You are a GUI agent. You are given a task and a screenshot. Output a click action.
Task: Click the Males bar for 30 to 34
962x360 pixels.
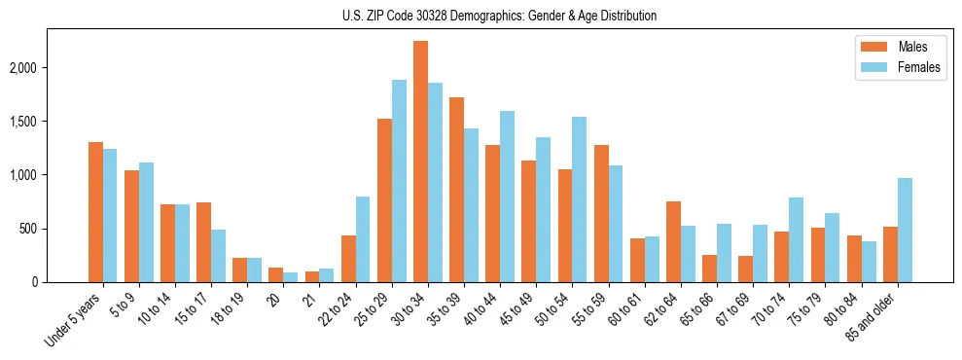[x=421, y=162]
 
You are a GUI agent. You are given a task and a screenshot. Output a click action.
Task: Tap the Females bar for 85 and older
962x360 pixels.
[x=905, y=230]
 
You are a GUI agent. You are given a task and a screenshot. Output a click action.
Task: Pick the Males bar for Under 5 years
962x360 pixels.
[x=95, y=212]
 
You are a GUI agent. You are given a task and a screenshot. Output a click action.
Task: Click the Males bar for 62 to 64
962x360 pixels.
[x=673, y=241]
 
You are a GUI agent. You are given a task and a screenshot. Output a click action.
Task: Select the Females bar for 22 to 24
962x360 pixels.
[x=363, y=239]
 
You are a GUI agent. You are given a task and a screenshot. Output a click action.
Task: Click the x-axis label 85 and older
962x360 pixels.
[x=875, y=312]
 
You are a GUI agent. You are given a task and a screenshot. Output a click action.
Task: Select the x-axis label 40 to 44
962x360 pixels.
[x=480, y=307]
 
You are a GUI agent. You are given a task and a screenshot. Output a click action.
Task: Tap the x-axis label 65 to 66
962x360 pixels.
[x=695, y=307]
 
